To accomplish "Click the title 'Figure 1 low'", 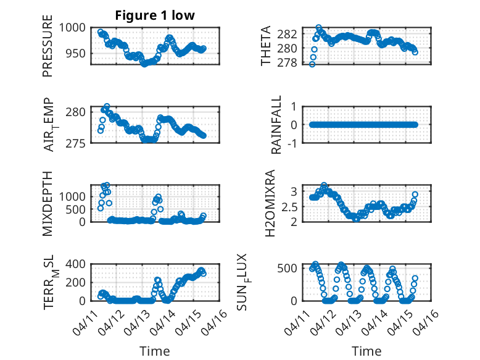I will [155, 15].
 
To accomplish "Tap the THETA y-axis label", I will [266, 46].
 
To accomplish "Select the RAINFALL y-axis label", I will [277, 125].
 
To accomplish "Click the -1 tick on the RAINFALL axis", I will [292, 143].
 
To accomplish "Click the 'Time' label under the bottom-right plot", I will [366, 351].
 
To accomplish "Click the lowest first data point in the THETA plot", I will [312, 64].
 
